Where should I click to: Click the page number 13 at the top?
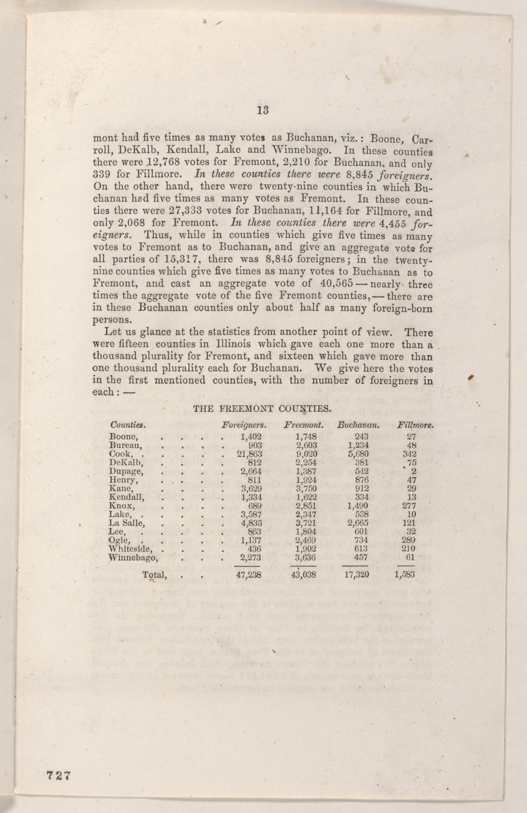(263, 110)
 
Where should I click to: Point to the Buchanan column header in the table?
(359, 426)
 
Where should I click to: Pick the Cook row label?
(117, 454)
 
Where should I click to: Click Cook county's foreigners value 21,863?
(249, 454)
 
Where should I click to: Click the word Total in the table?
(155, 575)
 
